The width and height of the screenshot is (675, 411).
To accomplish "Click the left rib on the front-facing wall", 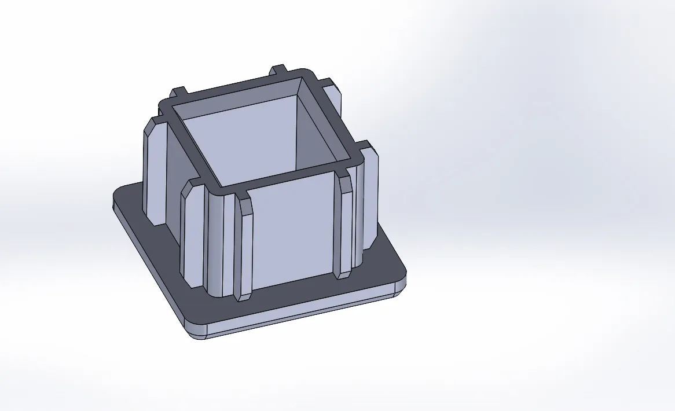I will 244,249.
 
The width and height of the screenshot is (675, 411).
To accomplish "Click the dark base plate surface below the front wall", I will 301,295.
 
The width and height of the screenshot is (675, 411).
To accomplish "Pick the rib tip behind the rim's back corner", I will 280,71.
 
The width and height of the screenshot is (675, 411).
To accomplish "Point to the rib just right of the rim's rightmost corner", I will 371,197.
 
